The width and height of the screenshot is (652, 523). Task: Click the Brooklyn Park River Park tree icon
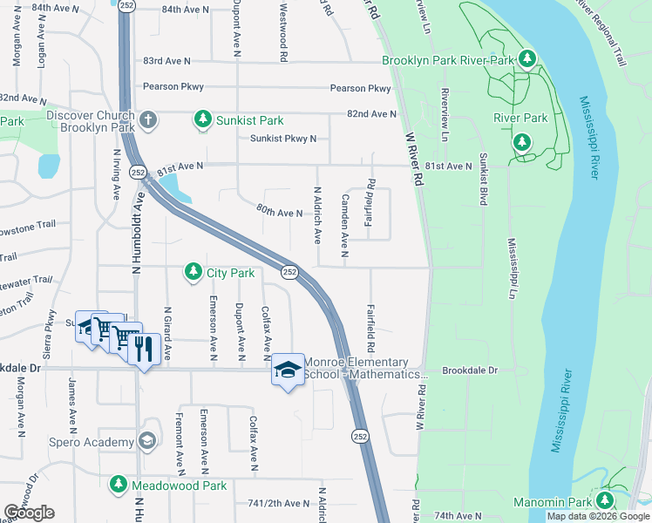click(x=526, y=60)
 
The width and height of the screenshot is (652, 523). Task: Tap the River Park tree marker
click(x=522, y=141)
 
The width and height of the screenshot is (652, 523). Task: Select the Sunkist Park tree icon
click(x=202, y=119)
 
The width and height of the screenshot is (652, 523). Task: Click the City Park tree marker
click(x=192, y=273)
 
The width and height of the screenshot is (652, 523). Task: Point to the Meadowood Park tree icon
click(x=118, y=485)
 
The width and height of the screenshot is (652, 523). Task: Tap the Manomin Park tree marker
click(x=602, y=500)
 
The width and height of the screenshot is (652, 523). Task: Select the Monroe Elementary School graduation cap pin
click(x=288, y=370)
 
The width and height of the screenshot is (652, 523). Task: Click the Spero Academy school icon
click(x=146, y=441)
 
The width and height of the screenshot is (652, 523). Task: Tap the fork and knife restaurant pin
click(x=143, y=350)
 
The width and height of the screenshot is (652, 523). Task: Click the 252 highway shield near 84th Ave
click(x=127, y=5)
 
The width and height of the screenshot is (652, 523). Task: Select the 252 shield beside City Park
click(x=290, y=274)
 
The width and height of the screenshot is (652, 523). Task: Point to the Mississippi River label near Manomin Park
click(x=561, y=410)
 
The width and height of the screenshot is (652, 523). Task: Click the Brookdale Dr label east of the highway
click(x=469, y=370)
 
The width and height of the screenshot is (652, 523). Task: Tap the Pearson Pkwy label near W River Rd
click(x=360, y=89)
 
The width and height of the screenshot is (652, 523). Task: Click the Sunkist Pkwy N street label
click(x=283, y=139)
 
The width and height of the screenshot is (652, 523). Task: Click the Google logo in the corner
click(x=29, y=513)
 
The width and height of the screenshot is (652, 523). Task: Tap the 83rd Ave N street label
click(x=166, y=61)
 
